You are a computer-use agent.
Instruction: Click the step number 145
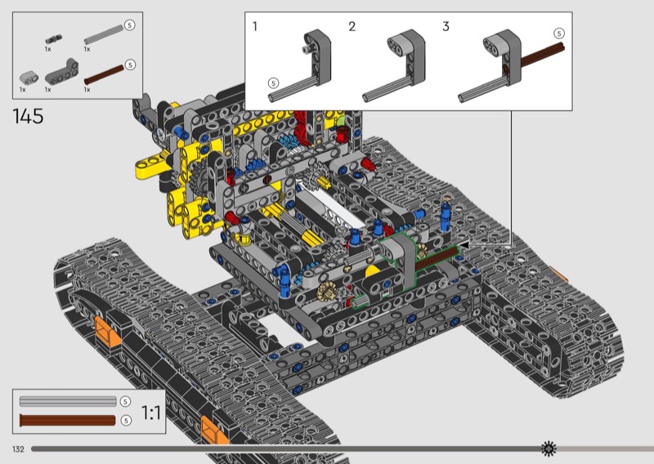point(28,116)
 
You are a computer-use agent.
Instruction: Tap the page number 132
point(18,449)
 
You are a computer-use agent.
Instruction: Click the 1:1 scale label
point(151,413)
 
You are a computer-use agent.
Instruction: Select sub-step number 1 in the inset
point(255,27)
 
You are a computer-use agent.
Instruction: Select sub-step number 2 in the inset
point(352,27)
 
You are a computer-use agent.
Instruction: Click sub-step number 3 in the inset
point(446,27)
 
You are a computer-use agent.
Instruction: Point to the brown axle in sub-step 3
point(542,54)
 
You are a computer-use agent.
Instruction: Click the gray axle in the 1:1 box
point(68,401)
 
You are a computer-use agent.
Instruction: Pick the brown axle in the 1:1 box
point(68,420)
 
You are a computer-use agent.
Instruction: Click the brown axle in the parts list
point(105,74)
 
